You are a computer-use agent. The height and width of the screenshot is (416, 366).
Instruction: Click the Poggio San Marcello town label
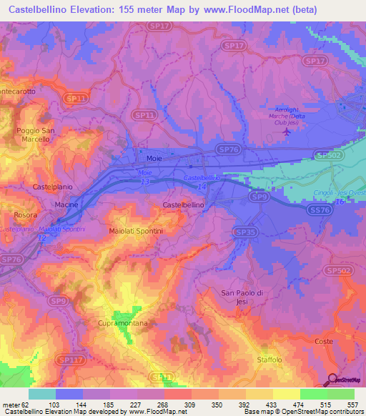(x=35, y=135)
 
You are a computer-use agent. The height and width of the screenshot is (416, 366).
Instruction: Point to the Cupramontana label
(x=122, y=324)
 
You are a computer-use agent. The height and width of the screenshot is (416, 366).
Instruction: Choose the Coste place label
(x=324, y=342)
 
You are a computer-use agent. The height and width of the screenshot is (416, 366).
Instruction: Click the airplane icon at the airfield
(x=287, y=131)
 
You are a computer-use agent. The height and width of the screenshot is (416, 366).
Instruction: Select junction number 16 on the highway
(x=340, y=202)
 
